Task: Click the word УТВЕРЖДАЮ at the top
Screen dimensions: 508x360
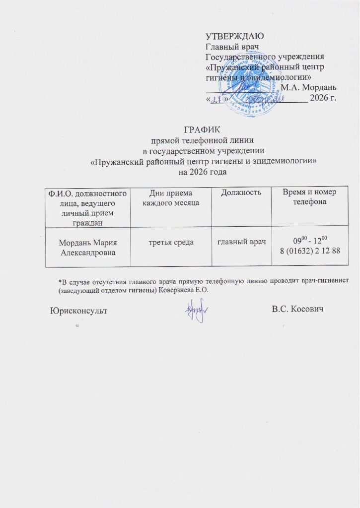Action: coord(234,36)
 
